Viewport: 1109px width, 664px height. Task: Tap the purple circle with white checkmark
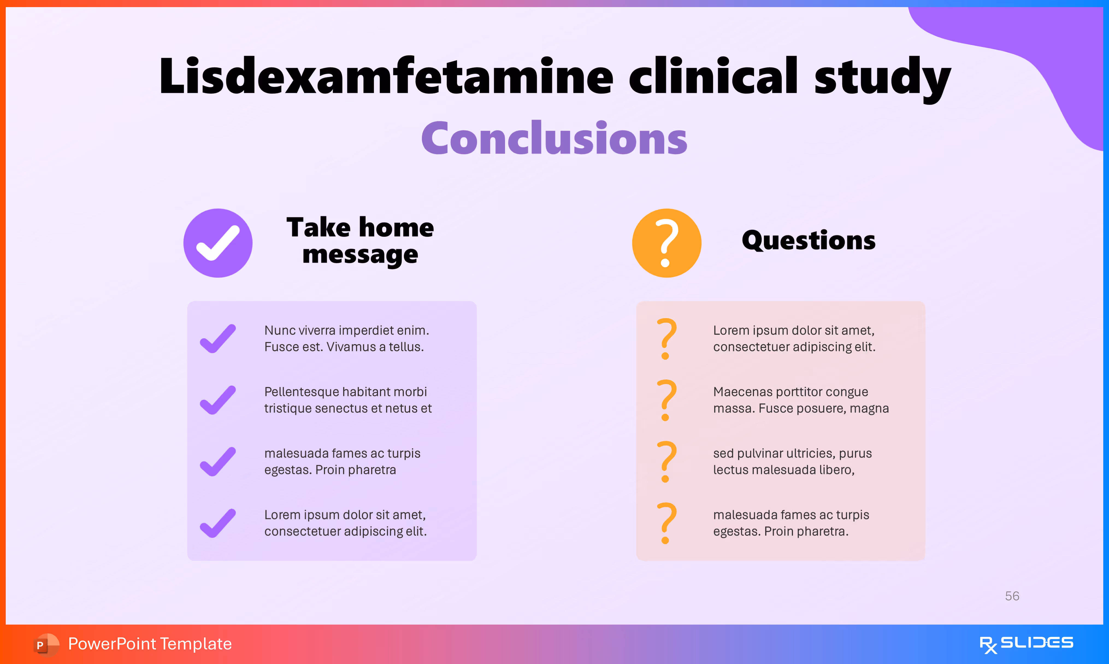click(218, 243)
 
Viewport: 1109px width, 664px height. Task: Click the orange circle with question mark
click(666, 243)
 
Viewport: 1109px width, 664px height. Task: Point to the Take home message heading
click(360, 241)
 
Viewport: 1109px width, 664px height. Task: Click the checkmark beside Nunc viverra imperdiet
click(218, 339)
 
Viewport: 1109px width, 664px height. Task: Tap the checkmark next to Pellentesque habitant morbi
click(218, 400)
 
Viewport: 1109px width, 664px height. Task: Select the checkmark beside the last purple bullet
click(218, 523)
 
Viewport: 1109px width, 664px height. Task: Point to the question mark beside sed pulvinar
click(666, 461)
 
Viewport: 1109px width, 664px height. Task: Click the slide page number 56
click(1012, 596)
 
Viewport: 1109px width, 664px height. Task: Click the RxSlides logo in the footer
click(1026, 644)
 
